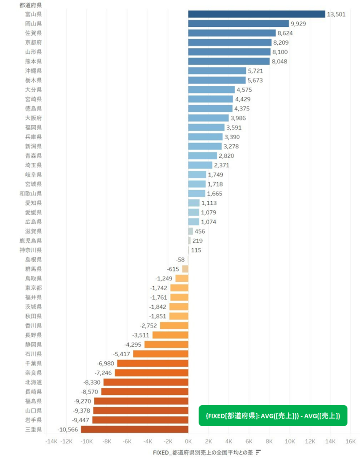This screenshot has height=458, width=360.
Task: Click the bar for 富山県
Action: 256,14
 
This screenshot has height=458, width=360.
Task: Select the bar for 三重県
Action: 134,429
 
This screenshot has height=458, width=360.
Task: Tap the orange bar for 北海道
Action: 146,382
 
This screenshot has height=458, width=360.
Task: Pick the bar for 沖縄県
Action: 217,71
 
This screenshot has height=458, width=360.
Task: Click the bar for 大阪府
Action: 208,118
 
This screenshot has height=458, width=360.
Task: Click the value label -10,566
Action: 68,429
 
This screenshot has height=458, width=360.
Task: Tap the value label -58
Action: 180,260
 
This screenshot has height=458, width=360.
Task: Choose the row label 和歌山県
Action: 30,194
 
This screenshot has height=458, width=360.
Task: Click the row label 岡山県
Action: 34,24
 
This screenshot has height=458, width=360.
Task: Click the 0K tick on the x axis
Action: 188,441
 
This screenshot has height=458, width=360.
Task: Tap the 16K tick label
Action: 351,441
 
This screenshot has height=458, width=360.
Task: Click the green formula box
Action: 273,416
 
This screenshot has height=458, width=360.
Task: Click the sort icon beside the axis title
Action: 258,452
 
